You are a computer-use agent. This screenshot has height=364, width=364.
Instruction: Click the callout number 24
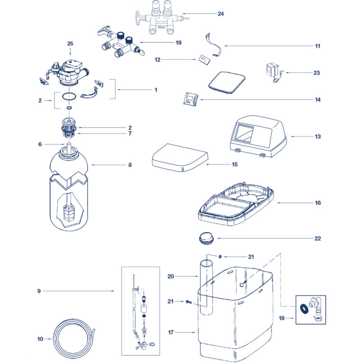point(220,14)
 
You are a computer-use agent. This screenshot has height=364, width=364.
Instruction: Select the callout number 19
point(178,43)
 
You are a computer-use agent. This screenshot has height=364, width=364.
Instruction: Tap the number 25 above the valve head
point(70,44)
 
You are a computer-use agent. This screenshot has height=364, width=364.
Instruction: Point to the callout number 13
point(318,136)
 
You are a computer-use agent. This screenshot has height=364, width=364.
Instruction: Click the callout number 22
point(318,238)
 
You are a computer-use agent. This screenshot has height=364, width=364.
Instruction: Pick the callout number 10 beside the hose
point(40,339)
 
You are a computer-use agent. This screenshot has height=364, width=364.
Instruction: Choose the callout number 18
point(282,318)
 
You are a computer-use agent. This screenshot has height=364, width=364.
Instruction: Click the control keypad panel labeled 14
point(191,99)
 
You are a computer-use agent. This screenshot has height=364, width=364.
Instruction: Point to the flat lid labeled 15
point(180,157)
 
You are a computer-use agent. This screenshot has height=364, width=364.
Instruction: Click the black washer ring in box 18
point(303,308)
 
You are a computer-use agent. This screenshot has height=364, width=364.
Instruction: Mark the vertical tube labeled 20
point(206,287)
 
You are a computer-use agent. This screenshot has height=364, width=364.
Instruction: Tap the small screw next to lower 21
point(189,302)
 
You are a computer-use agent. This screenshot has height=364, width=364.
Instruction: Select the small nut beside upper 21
point(219,256)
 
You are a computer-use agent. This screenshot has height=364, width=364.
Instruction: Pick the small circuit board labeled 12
point(205,59)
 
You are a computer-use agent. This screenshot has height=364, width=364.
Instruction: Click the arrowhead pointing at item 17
point(194,332)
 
